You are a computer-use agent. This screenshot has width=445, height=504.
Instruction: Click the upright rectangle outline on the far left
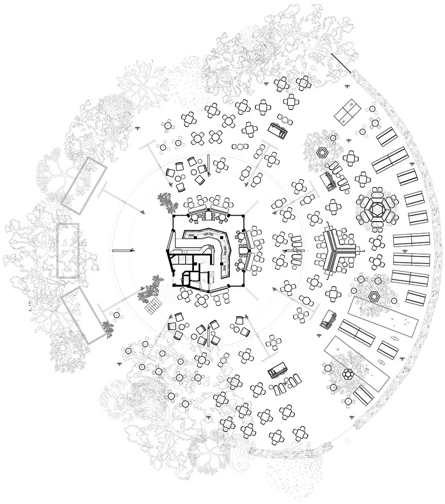coord(68,250)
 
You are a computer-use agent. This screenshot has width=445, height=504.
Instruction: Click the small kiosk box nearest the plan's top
coord(279,129)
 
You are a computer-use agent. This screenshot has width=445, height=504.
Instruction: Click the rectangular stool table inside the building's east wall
coord(244,250)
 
